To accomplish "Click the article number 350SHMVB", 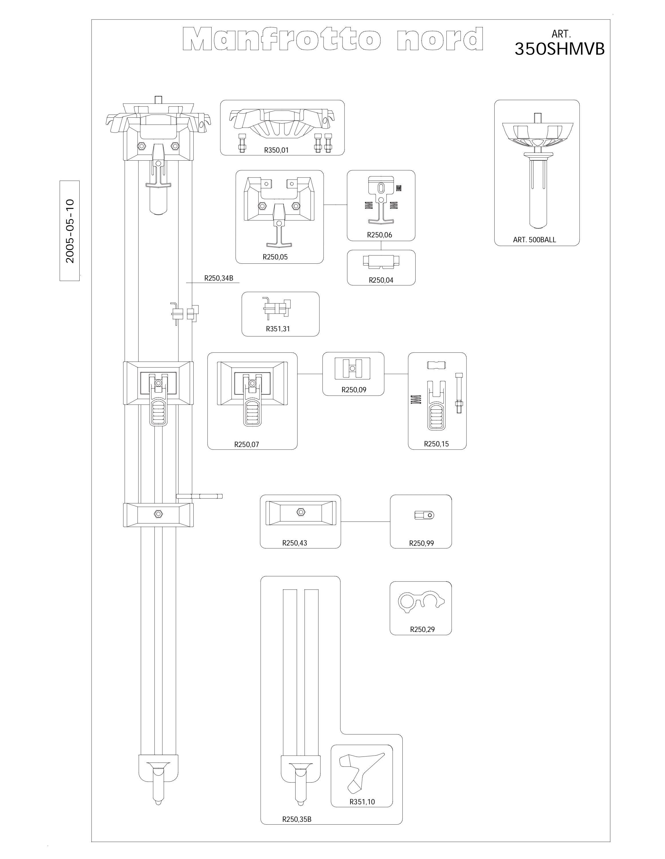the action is pyautogui.click(x=560, y=49).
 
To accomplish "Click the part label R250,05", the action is pyautogui.click(x=275, y=257).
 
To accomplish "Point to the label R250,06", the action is pyautogui.click(x=379, y=235).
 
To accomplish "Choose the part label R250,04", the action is pyautogui.click(x=381, y=280).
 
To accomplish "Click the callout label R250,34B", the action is pyautogui.click(x=219, y=278).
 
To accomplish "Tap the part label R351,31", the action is pyautogui.click(x=278, y=329).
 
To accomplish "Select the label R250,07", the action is pyautogui.click(x=247, y=444).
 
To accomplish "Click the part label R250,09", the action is pyautogui.click(x=354, y=390).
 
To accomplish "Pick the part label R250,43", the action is pyautogui.click(x=295, y=543).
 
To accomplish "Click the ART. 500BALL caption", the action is pyautogui.click(x=534, y=240).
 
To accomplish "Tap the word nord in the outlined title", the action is pyautogui.click(x=440, y=39).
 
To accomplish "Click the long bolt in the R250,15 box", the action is pyautogui.click(x=459, y=393).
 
